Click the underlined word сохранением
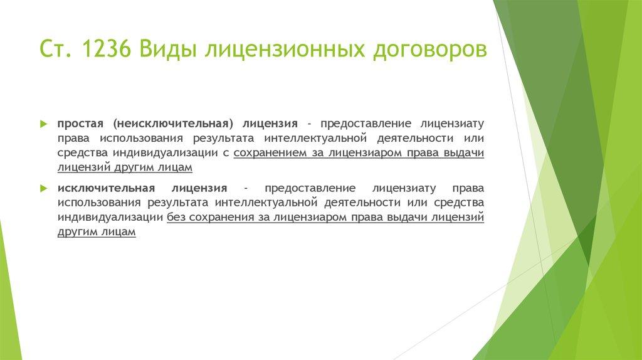click(266, 153)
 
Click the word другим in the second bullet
click(78, 231)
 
